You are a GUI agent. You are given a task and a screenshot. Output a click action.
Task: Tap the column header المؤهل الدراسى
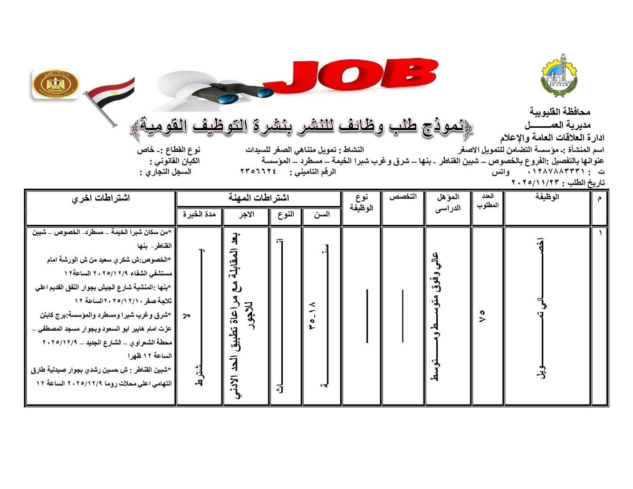pos(448,202)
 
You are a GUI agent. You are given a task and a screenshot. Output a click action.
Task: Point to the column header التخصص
pos(403,197)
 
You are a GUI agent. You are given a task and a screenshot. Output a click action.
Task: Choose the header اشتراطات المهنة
pos(258,198)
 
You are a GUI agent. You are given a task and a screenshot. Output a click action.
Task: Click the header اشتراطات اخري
pos(101,198)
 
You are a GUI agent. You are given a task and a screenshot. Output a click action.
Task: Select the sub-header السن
pos(322,215)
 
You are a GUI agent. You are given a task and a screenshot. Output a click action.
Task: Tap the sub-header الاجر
pos(246,215)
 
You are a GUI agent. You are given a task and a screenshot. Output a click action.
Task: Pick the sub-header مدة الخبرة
pos(199,215)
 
